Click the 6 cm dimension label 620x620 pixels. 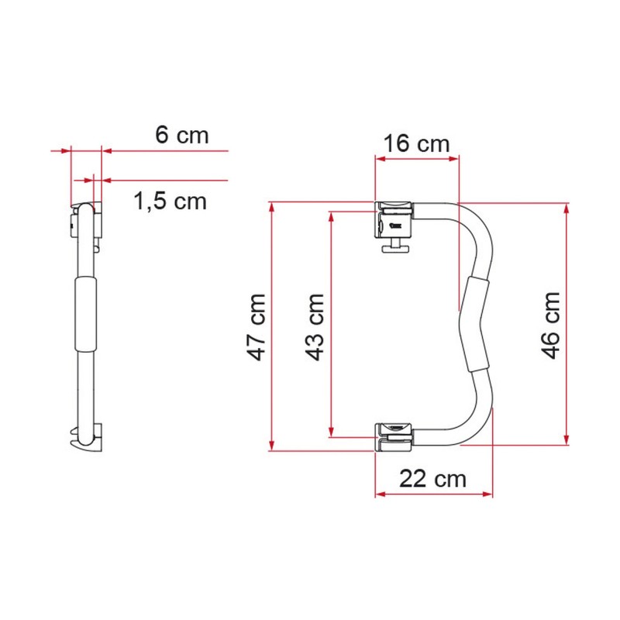click(182, 135)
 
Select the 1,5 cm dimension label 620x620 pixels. click(170, 201)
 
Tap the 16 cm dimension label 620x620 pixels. click(416, 143)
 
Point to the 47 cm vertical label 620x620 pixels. click(257, 327)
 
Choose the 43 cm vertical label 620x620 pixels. click(315, 327)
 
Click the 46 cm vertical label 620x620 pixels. click(551, 325)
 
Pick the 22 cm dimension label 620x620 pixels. click(433, 479)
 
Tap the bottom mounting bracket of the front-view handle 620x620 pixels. click(394, 437)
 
